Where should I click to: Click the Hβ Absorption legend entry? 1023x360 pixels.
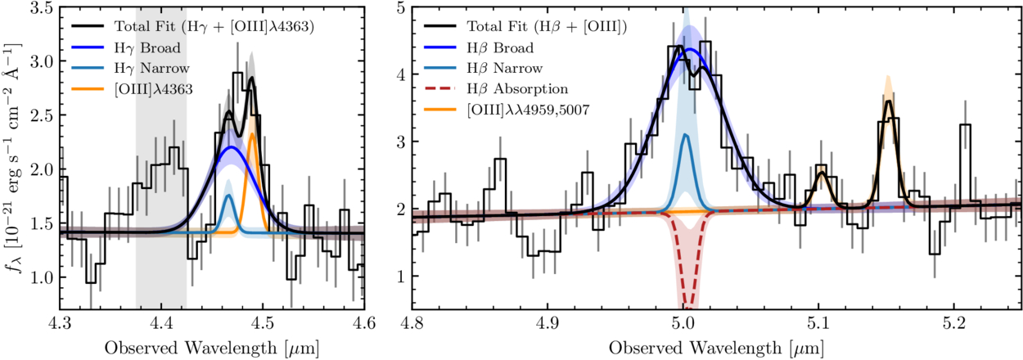tap(512, 87)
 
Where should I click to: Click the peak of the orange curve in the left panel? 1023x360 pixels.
tap(252, 133)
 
